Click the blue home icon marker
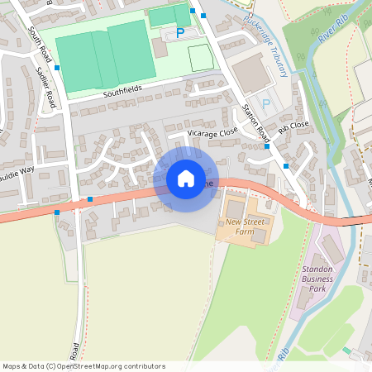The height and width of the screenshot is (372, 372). [x=186, y=178]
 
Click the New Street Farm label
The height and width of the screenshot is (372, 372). [x=245, y=227]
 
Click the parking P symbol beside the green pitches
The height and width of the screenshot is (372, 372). [x=180, y=33]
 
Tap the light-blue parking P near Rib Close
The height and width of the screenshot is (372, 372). [x=265, y=103]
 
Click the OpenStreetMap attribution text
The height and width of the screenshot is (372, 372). [x=83, y=366]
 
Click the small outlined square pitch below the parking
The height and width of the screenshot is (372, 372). [x=200, y=57]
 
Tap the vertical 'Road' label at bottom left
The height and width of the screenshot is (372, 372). [x=75, y=350]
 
